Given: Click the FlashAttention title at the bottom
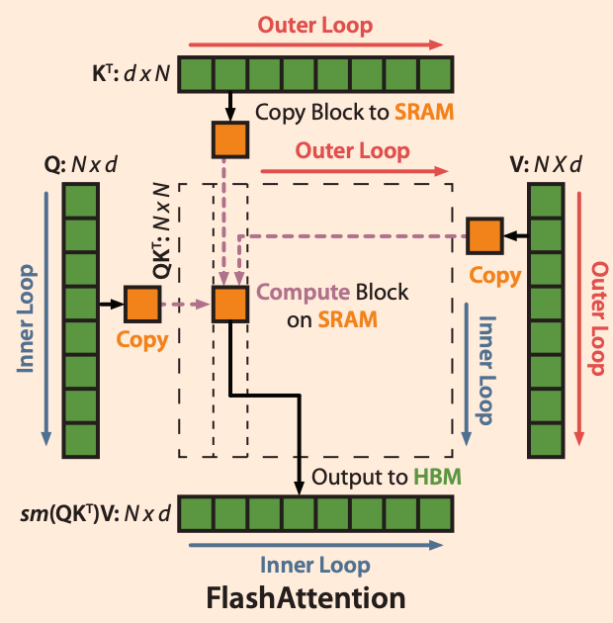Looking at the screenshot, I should point(306,598).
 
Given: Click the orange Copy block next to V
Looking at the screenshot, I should point(484,236).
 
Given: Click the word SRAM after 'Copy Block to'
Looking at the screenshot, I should point(424,112).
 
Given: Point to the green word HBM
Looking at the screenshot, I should point(438,477).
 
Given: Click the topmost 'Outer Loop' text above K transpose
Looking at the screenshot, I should point(315,26).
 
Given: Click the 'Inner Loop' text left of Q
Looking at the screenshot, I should point(27,317).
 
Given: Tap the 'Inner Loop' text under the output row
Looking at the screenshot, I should point(315,565).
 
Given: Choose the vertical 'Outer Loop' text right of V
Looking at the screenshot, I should point(595,317).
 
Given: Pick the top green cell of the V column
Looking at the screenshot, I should point(546,201).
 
